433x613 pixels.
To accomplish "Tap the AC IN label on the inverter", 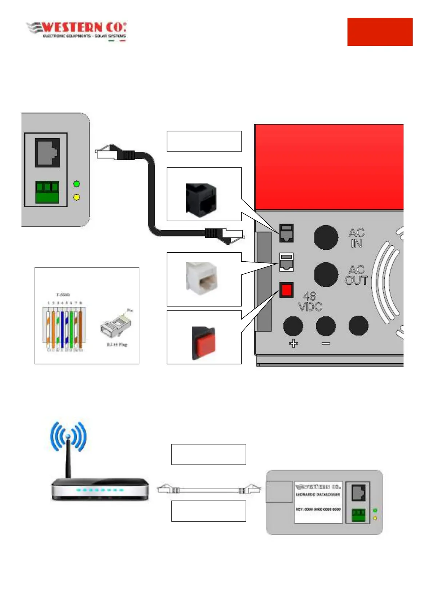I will [356, 238].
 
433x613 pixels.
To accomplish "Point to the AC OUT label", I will [356, 275].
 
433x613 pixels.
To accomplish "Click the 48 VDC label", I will [310, 301].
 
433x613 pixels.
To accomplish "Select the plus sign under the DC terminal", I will [293, 343].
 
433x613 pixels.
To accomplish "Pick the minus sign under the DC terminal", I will [326, 343].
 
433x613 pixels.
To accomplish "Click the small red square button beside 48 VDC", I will [287, 290].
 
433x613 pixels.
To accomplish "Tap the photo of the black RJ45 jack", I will [201, 200].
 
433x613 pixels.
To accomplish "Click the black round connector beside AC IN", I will [326, 237].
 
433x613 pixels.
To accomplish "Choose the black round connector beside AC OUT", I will [326, 274].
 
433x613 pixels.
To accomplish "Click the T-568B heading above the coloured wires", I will [63, 295].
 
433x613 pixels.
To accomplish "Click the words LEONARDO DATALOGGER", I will [318, 495].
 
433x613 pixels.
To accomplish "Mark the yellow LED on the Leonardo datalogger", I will [375, 518].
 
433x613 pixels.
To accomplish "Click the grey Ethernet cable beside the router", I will [209, 490].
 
